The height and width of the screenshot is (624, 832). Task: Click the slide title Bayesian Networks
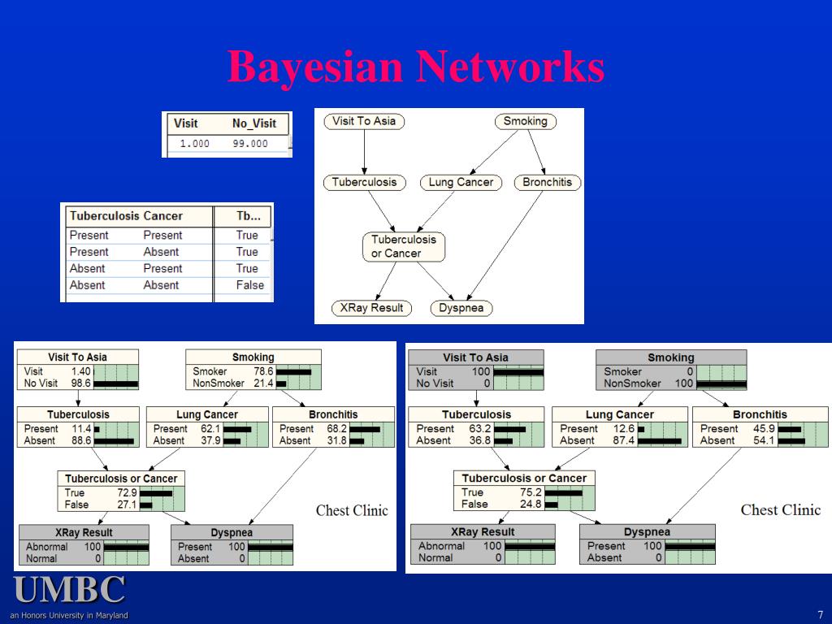415,67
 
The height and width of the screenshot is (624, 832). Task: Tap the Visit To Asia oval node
364,121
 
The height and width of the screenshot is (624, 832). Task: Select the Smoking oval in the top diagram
525,121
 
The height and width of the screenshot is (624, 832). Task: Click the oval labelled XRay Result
371,308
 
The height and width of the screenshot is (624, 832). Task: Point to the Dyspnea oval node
461,308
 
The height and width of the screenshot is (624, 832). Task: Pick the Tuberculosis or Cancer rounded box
403,246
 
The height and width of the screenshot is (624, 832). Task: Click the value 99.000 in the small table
249,144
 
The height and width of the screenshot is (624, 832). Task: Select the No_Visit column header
253,123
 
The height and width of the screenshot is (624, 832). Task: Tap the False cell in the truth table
249,285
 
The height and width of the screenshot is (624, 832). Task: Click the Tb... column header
248,216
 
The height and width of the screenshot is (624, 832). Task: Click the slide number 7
821,615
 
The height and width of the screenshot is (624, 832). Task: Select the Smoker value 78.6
264,371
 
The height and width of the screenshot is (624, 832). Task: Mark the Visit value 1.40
81,371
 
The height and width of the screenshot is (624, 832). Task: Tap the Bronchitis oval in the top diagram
547,183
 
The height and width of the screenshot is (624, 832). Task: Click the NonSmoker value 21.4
264,383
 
